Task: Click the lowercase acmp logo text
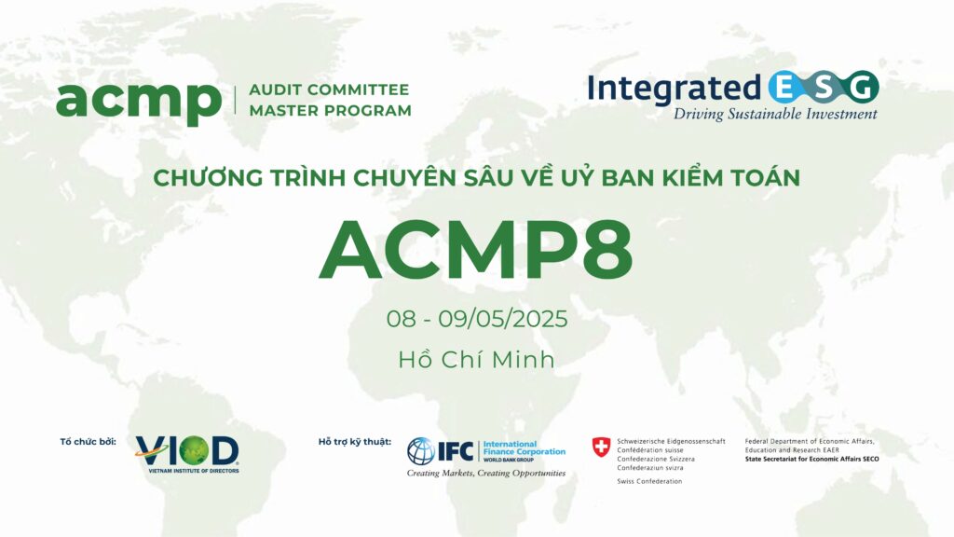click(139, 103)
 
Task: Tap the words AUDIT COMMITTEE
click(329, 89)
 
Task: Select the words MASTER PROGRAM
click(331, 111)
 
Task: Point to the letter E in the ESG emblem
click(784, 89)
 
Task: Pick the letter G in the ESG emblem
click(862, 89)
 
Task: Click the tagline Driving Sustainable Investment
click(775, 115)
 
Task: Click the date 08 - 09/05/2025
click(477, 319)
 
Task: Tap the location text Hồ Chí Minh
click(476, 359)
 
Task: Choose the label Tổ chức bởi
click(88, 441)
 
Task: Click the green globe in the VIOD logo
click(194, 451)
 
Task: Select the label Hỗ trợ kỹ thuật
click(355, 442)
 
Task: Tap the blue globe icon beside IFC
click(421, 451)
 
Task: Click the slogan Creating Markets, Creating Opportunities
click(486, 473)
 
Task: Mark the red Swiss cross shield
click(601, 447)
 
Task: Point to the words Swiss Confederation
click(649, 481)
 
